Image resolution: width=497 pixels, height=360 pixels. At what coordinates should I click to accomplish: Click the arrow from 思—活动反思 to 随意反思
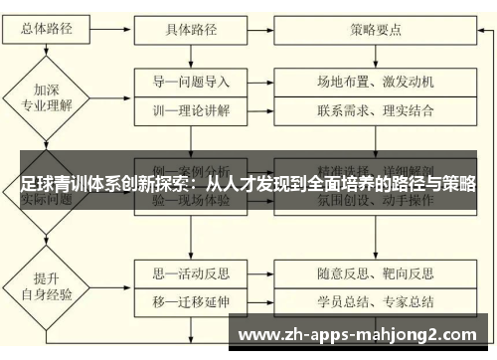(268, 270)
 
